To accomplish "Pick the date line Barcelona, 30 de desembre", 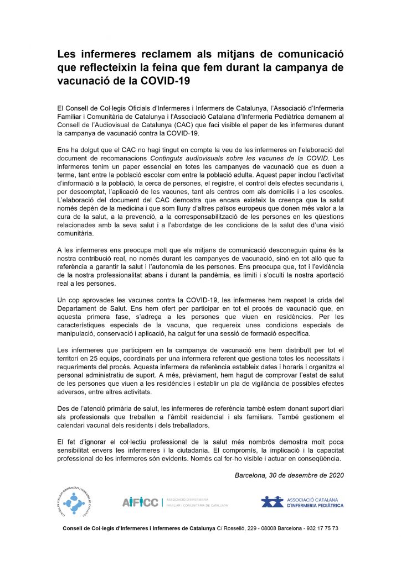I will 289,475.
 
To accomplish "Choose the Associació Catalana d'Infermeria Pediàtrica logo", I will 302,502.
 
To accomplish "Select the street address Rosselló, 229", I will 239,528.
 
